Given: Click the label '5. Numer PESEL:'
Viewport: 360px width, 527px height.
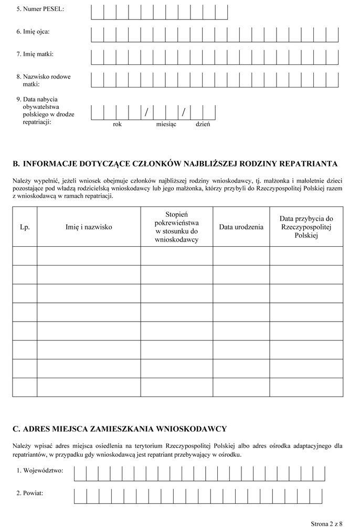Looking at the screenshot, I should (40, 9).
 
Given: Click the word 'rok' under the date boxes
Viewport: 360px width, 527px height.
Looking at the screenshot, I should (117, 125).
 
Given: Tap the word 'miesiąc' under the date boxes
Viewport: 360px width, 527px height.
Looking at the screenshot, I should (166, 125).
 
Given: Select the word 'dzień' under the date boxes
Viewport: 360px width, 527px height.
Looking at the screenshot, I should (203, 125).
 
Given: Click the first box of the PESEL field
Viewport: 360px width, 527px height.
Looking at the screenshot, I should (98, 12).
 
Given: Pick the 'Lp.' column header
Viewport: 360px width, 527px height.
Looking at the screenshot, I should (25, 227).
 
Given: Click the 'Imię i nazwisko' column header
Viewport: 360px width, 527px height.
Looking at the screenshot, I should (89, 227).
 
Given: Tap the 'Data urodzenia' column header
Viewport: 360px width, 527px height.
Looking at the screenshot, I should (241, 227).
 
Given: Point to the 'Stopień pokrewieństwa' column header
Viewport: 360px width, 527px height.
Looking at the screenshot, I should (176, 227).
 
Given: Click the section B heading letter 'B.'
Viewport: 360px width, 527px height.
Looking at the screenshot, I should (16, 163).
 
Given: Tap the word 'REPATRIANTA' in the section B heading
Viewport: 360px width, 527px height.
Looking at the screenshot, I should (308, 163).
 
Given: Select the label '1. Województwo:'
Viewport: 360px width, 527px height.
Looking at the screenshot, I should (40, 470).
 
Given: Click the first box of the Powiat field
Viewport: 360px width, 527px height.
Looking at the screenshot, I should (80, 495).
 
